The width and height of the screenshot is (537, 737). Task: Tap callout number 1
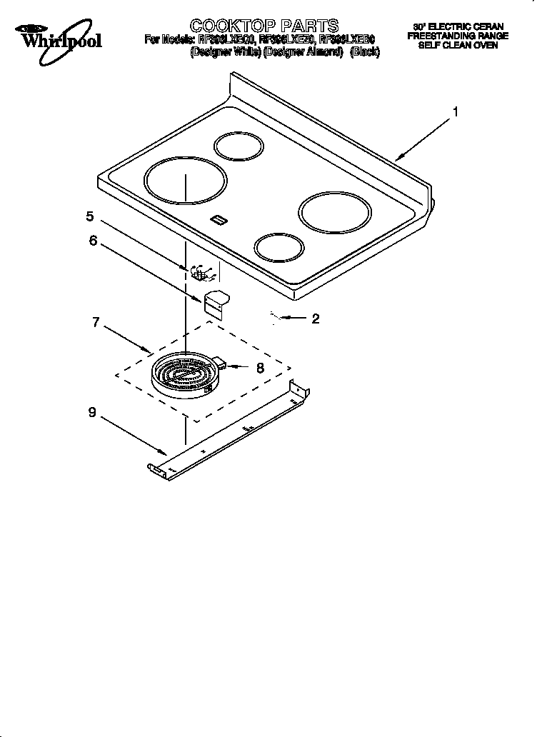point(455,111)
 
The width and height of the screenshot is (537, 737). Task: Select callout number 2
point(315,319)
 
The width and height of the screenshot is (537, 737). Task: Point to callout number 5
point(90,216)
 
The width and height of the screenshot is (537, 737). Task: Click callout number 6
point(93,241)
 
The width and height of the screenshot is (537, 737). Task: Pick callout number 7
point(95,321)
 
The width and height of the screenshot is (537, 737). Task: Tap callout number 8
point(260,368)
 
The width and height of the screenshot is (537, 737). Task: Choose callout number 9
point(91,412)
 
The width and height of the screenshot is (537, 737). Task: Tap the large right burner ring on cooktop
point(335,211)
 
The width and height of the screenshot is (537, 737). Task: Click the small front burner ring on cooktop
point(279,249)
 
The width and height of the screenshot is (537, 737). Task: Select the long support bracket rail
point(229,433)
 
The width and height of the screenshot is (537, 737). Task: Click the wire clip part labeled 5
point(201,274)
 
